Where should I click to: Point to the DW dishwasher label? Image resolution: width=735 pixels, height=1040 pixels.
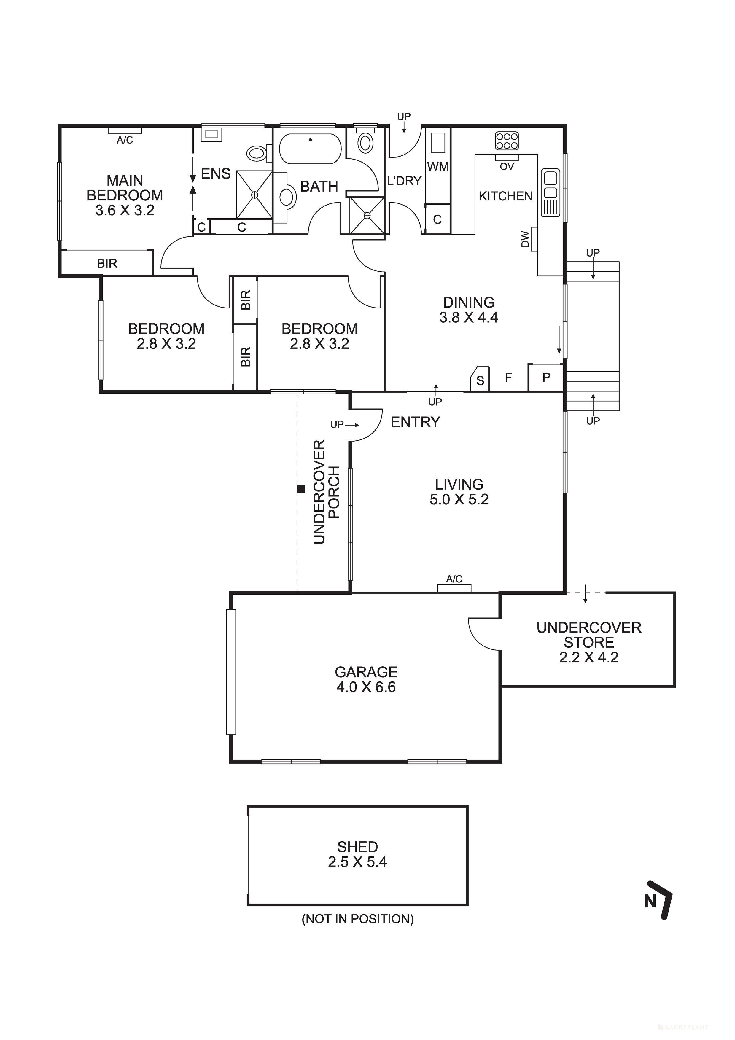[x=525, y=239]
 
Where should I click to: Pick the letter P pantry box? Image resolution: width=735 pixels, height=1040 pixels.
[x=546, y=377]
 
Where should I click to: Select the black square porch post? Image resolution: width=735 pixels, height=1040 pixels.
[x=300, y=489]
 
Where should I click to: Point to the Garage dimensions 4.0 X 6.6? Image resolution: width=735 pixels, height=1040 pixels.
[x=366, y=687]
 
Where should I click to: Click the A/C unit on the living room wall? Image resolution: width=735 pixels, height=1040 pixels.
[x=454, y=588]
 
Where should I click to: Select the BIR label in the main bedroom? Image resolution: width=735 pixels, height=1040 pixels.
[x=107, y=264]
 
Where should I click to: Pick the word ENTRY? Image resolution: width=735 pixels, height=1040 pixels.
[x=415, y=422]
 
